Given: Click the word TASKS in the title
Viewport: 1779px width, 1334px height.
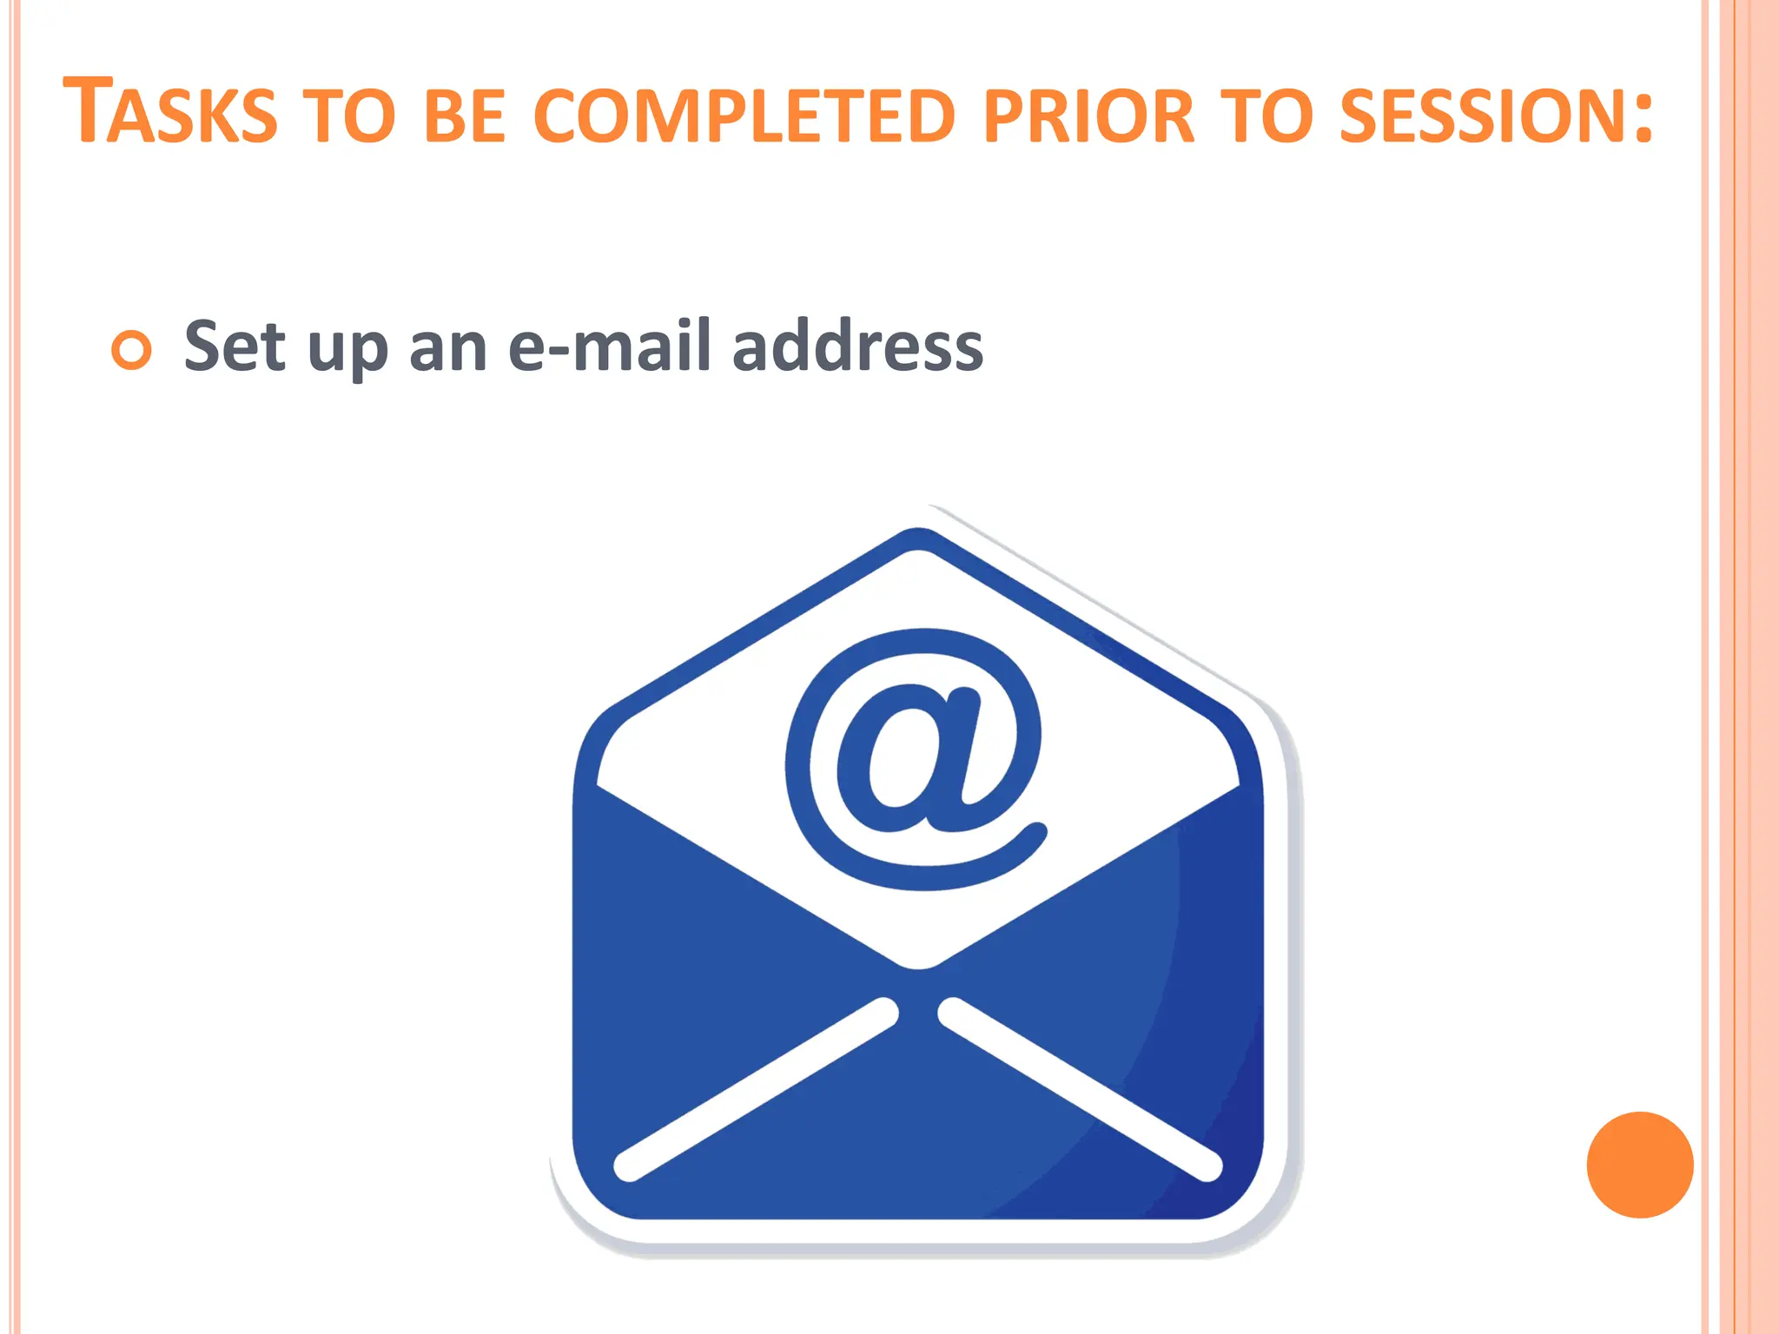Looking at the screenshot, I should tap(170, 113).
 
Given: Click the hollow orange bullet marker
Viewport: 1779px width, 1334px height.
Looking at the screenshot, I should tap(132, 350).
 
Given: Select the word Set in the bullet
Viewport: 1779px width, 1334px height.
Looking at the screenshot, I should tap(235, 347).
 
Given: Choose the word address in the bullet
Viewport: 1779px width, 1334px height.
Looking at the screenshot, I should tap(857, 347).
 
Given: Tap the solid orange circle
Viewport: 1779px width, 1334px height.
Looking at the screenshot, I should tap(1639, 1165).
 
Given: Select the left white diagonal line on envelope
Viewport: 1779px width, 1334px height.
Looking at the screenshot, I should tap(756, 1090).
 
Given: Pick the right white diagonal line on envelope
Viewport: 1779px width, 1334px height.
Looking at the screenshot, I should tap(1081, 1090).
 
